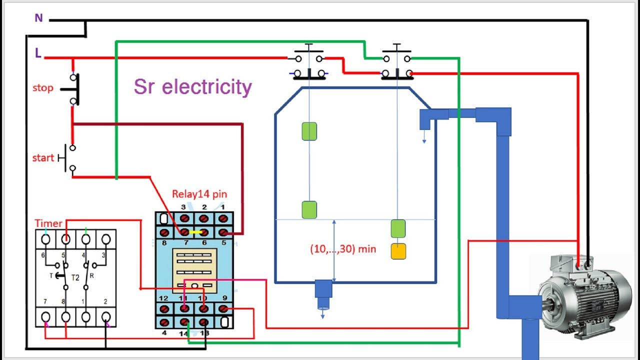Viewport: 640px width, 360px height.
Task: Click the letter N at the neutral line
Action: pos(38,18)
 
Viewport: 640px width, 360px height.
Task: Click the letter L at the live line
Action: pos(38,52)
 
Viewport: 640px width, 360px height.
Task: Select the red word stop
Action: pos(42,88)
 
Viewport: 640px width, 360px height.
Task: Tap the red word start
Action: pos(43,158)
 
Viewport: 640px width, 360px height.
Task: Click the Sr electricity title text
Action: pos(192,86)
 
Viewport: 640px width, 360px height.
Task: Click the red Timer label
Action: pos(48,223)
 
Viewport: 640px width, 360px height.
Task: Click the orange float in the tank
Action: pos(398,251)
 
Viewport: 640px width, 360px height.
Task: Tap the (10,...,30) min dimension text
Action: pos(343,248)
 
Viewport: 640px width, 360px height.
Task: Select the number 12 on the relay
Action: pos(163,298)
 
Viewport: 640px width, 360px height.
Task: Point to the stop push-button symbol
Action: pos(72,89)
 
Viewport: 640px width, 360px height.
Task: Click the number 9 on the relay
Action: pos(223,298)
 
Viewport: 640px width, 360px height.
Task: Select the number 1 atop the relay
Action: pos(222,206)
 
